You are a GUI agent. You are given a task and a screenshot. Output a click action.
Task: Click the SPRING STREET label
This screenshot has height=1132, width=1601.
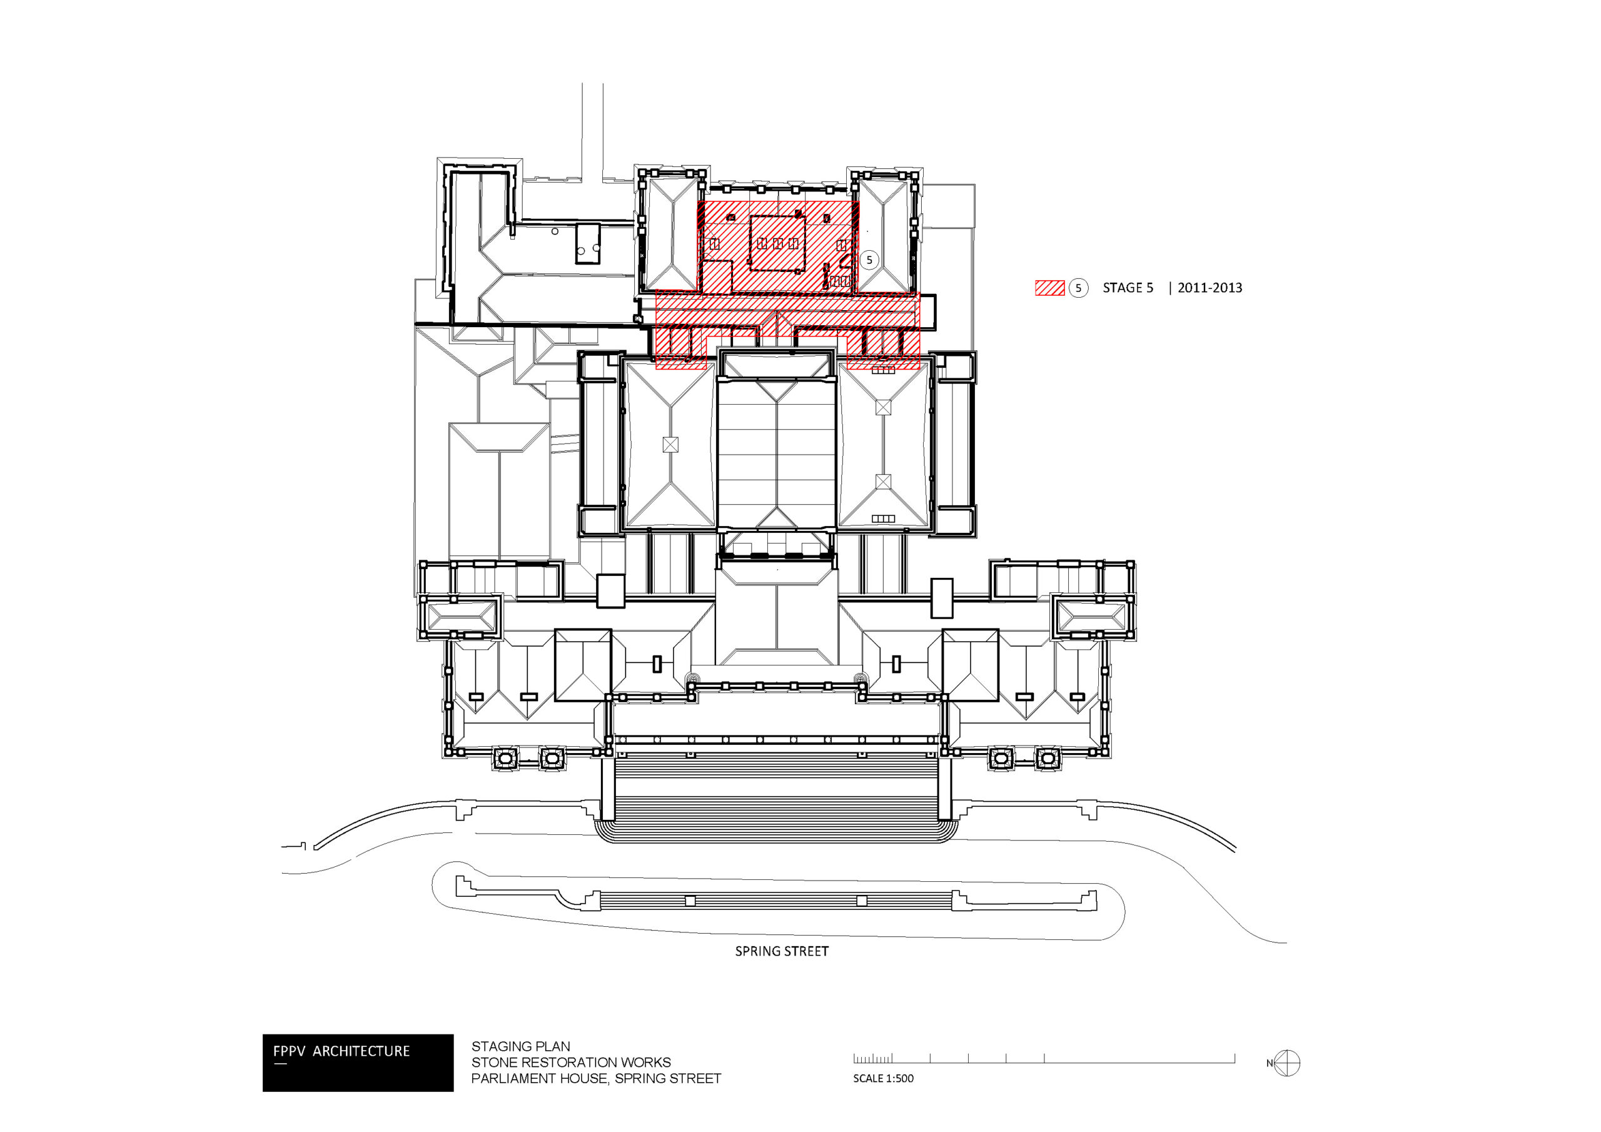782,951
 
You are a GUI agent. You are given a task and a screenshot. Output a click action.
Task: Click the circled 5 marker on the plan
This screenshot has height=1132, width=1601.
869,260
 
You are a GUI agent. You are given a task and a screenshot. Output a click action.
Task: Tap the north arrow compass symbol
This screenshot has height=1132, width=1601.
1287,1063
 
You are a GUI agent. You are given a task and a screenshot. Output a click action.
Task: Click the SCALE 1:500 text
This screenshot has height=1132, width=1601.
883,1078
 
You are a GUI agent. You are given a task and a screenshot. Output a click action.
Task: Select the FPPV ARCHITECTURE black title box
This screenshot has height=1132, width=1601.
358,1062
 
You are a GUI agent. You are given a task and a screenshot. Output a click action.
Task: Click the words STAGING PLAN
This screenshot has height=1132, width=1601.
520,1046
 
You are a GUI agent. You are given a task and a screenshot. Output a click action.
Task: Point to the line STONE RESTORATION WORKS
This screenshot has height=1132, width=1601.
570,1062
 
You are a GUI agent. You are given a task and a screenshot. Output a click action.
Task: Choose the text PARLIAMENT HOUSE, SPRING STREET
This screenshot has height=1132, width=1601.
596,1078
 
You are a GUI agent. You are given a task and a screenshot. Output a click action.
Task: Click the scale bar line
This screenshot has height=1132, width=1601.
1044,1062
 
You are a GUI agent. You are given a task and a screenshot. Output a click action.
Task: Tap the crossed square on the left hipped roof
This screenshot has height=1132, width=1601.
670,444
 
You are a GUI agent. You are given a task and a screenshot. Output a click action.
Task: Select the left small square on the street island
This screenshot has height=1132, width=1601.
690,901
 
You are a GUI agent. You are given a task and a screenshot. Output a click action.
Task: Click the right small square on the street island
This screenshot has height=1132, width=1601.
862,901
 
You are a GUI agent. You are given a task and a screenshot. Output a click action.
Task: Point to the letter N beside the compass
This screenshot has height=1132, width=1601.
1270,1064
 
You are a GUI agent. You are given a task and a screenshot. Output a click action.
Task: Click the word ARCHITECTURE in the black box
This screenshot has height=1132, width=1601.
361,1051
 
